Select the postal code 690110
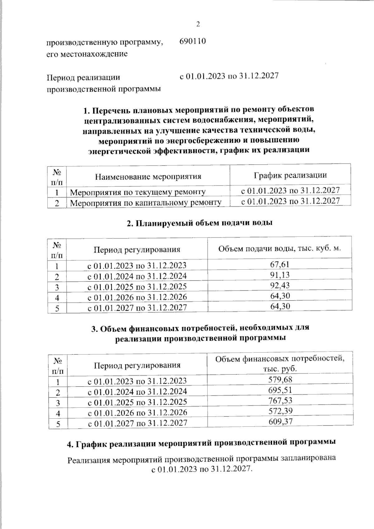pyautogui.click(x=193, y=41)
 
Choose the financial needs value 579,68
pyautogui.click(x=280, y=380)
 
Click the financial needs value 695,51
pyautogui.click(x=280, y=390)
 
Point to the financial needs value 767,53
pyautogui.click(x=280, y=401)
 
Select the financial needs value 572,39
pyautogui.click(x=280, y=411)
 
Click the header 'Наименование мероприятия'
pyautogui.click(x=148, y=177)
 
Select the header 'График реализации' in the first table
pyautogui.click(x=290, y=175)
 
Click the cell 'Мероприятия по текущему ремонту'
pyautogui.click(x=138, y=192)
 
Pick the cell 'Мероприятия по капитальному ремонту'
pyautogui.click(x=146, y=203)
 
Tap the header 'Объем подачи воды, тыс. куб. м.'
pyautogui.click(x=280, y=249)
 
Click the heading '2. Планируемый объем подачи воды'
pyautogui.click(x=200, y=223)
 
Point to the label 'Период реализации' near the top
pyautogui.click(x=83, y=77)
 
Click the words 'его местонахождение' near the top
pyautogui.click(x=87, y=54)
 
